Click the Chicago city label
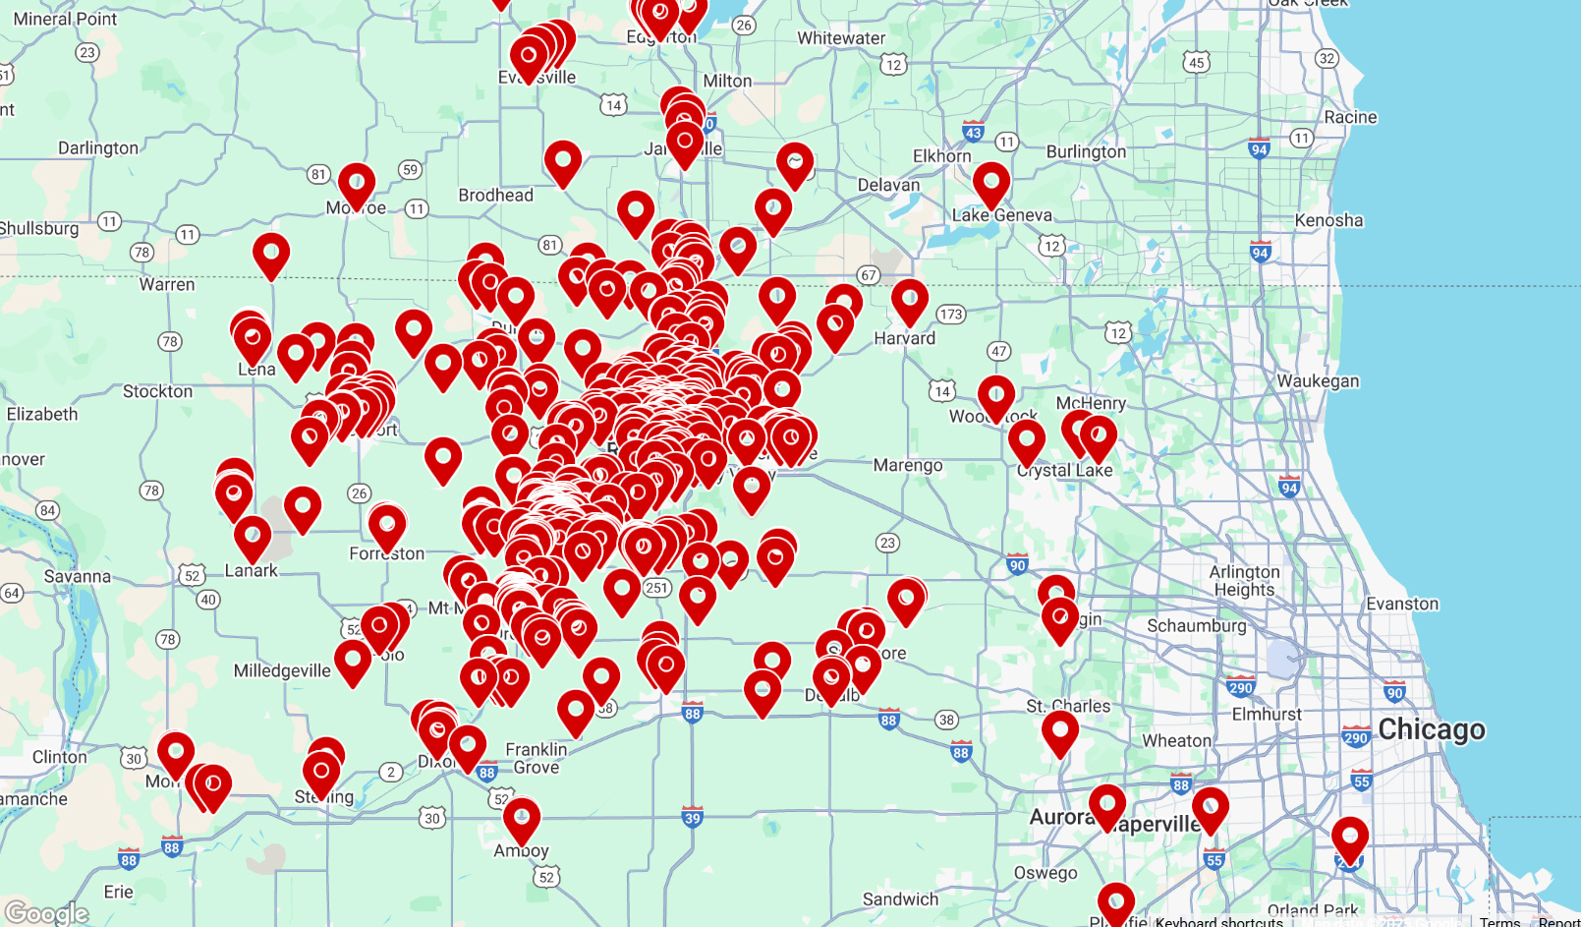1431,729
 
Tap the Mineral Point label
65,19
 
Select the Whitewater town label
841,38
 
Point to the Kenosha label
1328,220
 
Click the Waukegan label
1318,380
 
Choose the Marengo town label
908,465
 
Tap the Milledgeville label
282,670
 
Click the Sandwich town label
900,898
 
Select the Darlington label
98,147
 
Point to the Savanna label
78,576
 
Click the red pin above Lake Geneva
991,182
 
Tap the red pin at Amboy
522,817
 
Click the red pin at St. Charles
1059,730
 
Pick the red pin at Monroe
357,184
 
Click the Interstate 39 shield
693,818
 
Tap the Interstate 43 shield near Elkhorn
973,132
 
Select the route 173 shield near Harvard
950,315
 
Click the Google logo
46,913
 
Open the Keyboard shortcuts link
1218,921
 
